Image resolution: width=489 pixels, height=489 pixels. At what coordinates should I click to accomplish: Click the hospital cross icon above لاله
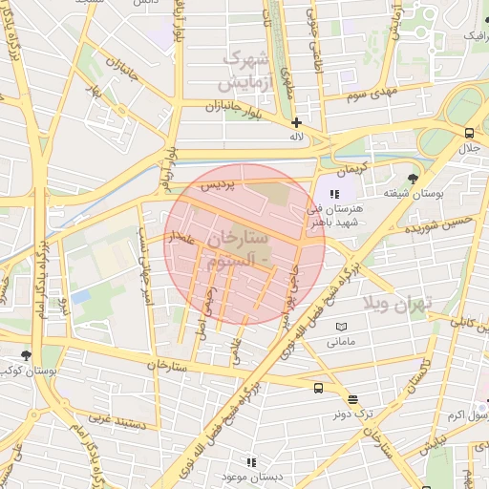(297, 122)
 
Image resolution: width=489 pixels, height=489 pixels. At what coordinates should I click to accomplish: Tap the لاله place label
(297, 138)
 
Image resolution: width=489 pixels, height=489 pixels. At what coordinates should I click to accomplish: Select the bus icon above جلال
(468, 133)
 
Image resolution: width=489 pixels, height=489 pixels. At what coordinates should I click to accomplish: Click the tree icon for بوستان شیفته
(413, 179)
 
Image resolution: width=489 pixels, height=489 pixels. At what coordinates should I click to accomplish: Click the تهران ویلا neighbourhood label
(397, 304)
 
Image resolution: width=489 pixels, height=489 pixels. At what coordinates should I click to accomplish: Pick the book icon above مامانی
(342, 327)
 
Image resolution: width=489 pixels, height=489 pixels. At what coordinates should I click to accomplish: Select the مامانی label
(341, 342)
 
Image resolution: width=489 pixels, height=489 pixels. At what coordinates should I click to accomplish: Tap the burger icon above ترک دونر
(353, 399)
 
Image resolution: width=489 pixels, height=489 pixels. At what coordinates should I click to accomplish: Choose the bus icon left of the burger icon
(318, 388)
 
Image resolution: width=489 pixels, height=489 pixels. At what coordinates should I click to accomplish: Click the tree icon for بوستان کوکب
(26, 354)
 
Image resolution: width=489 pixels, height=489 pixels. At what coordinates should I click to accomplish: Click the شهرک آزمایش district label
(250, 71)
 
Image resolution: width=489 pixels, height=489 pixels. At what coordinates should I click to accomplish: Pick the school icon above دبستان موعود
(249, 460)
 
